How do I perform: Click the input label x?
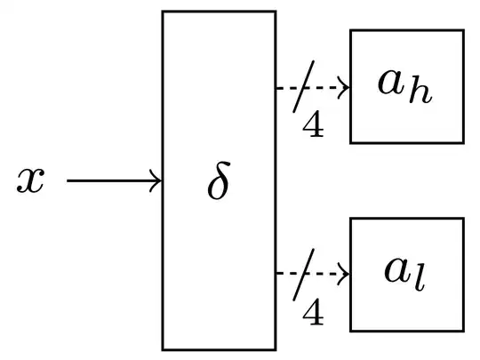pyautogui.click(x=30, y=181)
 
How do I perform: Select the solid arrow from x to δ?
pyautogui.click(x=111, y=181)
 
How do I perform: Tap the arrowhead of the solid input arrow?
pyautogui.click(x=156, y=181)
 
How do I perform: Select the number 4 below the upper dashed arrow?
pyautogui.click(x=313, y=126)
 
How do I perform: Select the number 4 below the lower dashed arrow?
pyautogui.click(x=313, y=312)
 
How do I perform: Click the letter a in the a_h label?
pyautogui.click(x=391, y=84)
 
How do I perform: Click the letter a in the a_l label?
pyautogui.click(x=396, y=271)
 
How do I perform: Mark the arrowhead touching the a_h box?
pyautogui.click(x=345, y=88)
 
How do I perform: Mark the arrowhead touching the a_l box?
pyautogui.click(x=345, y=274)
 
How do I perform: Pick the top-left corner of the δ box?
pyautogui.click(x=163, y=12)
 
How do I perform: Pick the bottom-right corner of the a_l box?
pyautogui.click(x=463, y=330)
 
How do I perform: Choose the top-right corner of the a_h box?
pyautogui.click(x=463, y=31)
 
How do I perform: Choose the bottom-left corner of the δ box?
pyautogui.click(x=163, y=348)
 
